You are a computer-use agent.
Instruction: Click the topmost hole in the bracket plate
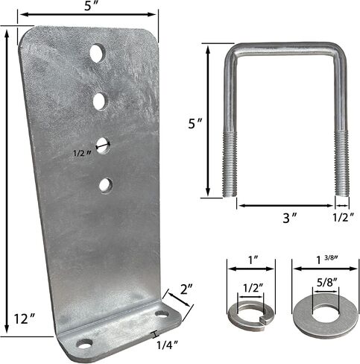(98, 53)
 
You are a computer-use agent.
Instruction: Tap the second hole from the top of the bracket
(101, 101)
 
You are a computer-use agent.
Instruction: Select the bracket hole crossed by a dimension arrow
(104, 145)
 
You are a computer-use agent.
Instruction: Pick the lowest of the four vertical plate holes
(106, 186)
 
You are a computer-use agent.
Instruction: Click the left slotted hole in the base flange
(84, 344)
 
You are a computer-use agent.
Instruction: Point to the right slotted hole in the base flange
(162, 314)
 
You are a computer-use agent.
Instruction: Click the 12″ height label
(24, 319)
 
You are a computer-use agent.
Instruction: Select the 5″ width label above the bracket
(90, 6)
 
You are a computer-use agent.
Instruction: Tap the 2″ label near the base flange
(186, 289)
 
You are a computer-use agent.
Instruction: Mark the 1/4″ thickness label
(168, 345)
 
